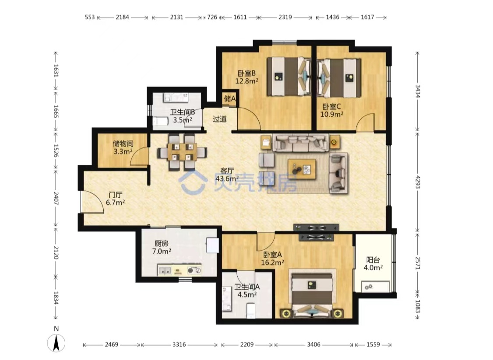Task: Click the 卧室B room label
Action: (247, 73)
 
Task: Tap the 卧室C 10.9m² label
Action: (332, 110)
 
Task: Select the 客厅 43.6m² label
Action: (227, 175)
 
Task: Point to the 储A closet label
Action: (230, 98)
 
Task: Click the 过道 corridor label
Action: (219, 119)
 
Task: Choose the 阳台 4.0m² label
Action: (373, 264)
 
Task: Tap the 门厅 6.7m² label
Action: (116, 199)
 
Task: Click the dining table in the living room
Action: (183, 152)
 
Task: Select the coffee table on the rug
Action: (302, 169)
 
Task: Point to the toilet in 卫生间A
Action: (251, 311)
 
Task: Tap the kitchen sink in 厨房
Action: (165, 270)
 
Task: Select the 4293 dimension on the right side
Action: (418, 182)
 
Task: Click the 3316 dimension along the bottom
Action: (179, 345)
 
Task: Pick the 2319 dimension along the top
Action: (285, 17)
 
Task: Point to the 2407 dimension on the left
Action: (56, 198)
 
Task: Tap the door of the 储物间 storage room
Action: (140, 156)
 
